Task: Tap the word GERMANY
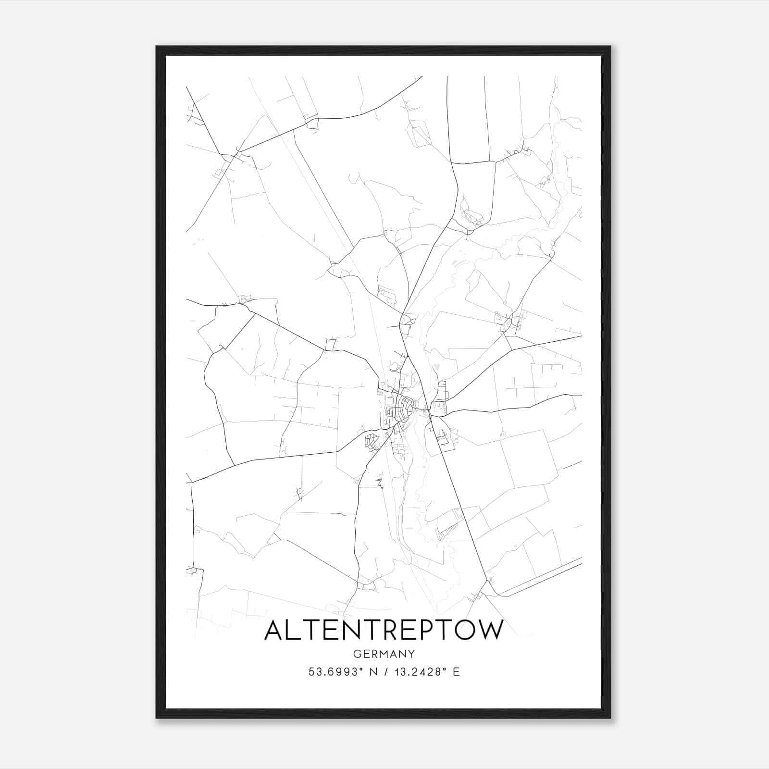(384, 654)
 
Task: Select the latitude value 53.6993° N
(336, 672)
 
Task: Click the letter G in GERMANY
(357, 654)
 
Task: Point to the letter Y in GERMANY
(411, 654)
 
